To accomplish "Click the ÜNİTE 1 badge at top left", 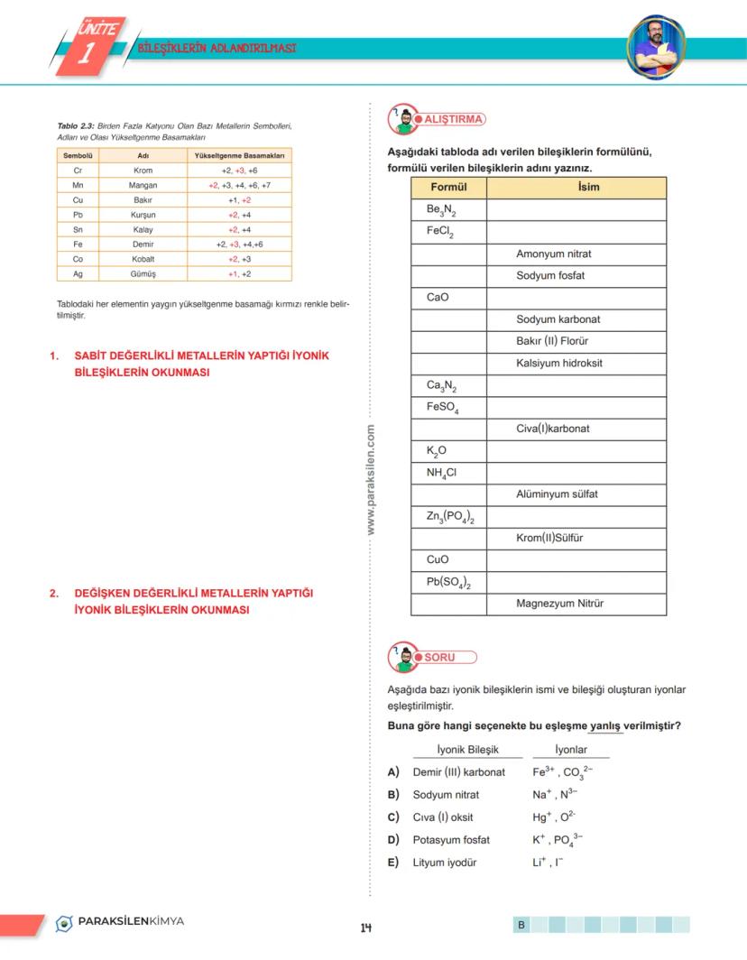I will [87, 45].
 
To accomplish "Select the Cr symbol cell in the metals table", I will [78, 170].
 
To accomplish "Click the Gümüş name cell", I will [143, 273].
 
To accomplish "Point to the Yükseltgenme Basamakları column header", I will [239, 155].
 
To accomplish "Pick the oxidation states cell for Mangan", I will [239, 185].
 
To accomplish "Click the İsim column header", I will [576, 188].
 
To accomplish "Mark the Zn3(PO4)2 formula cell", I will [449, 517].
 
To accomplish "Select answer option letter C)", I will [393, 817].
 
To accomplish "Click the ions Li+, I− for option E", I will [548, 863].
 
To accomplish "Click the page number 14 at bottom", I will [366, 928].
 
